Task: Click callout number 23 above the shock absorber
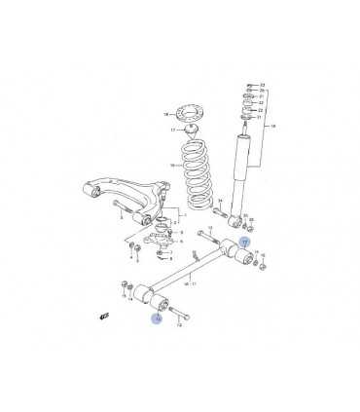[x=263, y=86]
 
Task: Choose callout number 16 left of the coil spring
[x=170, y=166]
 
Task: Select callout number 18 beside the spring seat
[x=166, y=114]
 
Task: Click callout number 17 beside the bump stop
[x=171, y=129]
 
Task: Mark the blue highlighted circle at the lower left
[x=157, y=318]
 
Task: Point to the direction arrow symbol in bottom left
[x=104, y=317]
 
